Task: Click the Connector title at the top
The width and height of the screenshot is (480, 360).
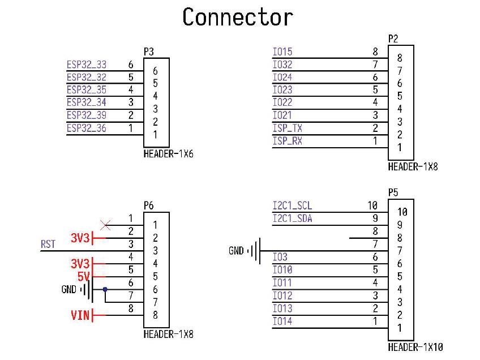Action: (238, 17)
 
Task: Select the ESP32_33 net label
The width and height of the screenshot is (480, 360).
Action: (87, 65)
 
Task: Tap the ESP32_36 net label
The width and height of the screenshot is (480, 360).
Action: (87, 128)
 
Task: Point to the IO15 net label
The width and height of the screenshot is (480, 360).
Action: (282, 52)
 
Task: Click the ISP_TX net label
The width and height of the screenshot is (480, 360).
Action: (288, 128)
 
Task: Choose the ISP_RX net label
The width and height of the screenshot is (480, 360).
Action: (288, 141)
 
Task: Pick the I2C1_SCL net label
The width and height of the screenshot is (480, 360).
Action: (292, 205)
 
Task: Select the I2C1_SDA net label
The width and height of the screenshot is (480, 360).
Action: (292, 218)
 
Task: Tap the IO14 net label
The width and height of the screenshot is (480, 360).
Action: (282, 321)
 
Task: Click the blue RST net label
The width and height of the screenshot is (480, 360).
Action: (48, 244)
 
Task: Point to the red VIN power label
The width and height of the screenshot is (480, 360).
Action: (80, 315)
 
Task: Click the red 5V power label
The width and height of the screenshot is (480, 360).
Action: (83, 276)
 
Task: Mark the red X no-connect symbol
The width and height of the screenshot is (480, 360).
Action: (105, 225)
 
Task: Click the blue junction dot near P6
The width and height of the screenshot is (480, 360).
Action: (105, 289)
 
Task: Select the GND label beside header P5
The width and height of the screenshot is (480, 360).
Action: (236, 251)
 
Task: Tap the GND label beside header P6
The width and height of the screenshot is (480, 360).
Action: (69, 289)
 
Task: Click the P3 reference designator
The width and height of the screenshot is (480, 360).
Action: (149, 52)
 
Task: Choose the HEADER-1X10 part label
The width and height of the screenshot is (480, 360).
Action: (415, 347)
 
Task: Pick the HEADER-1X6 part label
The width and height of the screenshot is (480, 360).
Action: (168, 153)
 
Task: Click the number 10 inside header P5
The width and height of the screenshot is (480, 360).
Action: (402, 212)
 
